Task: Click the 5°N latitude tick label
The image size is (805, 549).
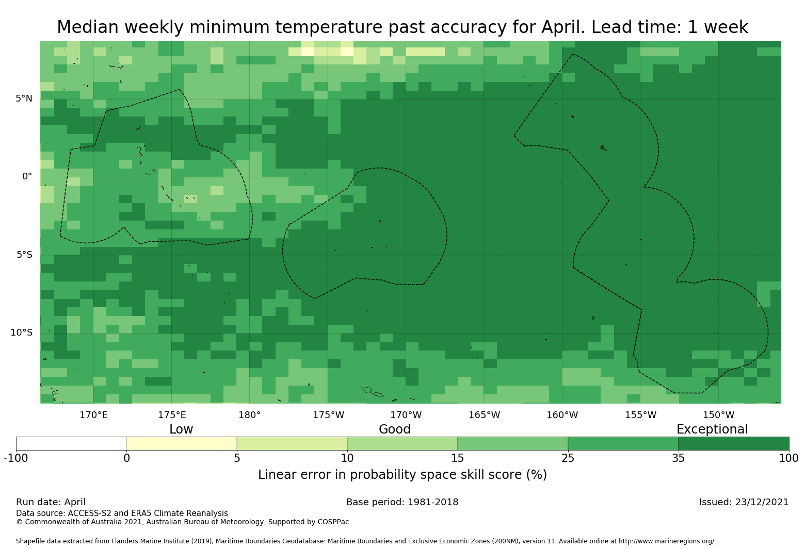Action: [24, 98]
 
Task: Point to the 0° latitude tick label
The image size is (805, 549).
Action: [27, 176]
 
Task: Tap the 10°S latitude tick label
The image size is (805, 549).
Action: [21, 332]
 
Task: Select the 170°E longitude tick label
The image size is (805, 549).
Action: [93, 415]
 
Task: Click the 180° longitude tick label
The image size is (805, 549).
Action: [249, 415]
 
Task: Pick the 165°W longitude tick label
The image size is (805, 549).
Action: [484, 415]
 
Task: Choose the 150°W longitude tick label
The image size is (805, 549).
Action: [718, 415]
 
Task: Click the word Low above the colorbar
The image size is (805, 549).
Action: [181, 429]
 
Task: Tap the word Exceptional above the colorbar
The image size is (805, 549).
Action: [712, 429]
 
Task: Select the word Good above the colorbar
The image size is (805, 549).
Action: [394, 429]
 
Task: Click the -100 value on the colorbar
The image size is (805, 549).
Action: [16, 458]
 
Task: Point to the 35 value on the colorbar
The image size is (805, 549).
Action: [678, 458]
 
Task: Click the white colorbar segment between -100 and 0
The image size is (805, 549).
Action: [71, 443]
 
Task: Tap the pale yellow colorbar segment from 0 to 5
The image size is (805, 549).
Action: [182, 443]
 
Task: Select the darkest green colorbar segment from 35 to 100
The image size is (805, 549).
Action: [733, 443]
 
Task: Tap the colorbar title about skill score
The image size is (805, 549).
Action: [402, 475]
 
